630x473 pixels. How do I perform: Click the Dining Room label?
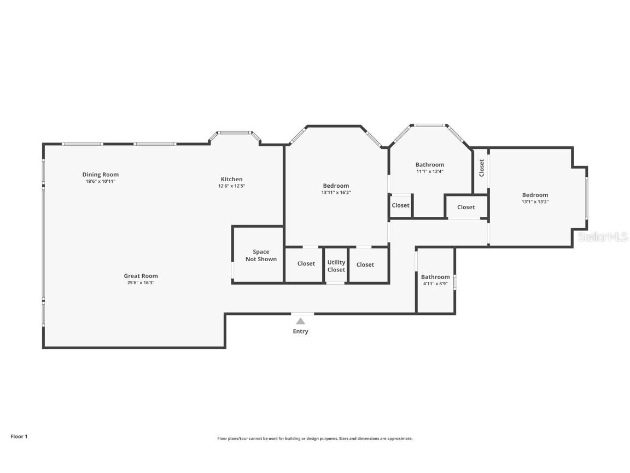[x=101, y=175]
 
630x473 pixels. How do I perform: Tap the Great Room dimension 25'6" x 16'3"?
[x=141, y=283]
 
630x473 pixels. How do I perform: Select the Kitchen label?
[x=231, y=179]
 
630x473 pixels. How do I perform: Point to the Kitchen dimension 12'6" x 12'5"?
[x=231, y=186]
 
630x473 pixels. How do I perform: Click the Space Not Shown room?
[x=261, y=255]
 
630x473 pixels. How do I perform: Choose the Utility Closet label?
[x=336, y=266]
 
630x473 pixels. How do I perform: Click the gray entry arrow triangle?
[x=300, y=321]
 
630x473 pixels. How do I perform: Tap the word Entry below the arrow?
[x=300, y=332]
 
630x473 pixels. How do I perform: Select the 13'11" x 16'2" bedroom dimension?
[x=336, y=193]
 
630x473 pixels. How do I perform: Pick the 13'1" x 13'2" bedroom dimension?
[x=535, y=202]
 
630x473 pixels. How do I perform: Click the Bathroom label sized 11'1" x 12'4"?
[x=430, y=165]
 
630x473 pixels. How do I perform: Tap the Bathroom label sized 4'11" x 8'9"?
[x=435, y=277]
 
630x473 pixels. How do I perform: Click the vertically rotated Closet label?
[x=482, y=168]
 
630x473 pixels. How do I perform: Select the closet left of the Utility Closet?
[x=306, y=264]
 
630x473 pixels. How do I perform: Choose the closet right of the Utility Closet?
[x=365, y=265]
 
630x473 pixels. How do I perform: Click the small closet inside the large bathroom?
[x=400, y=205]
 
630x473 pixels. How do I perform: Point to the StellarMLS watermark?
[x=603, y=237]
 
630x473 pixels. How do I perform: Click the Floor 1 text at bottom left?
[x=19, y=437]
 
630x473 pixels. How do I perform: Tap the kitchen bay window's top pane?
[x=234, y=132]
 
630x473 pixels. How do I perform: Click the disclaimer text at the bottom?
[x=315, y=439]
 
